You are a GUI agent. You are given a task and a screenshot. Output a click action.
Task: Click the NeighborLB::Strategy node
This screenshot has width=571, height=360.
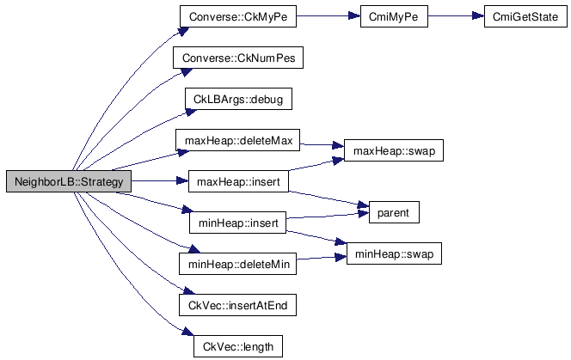click(68, 181)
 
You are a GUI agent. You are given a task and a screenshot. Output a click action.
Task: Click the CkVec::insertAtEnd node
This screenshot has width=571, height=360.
click(232, 305)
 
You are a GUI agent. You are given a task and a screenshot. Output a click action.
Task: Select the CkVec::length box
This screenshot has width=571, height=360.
click(232, 346)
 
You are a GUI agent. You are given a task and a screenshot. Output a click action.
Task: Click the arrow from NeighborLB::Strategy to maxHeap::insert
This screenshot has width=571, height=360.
click(159, 181)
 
